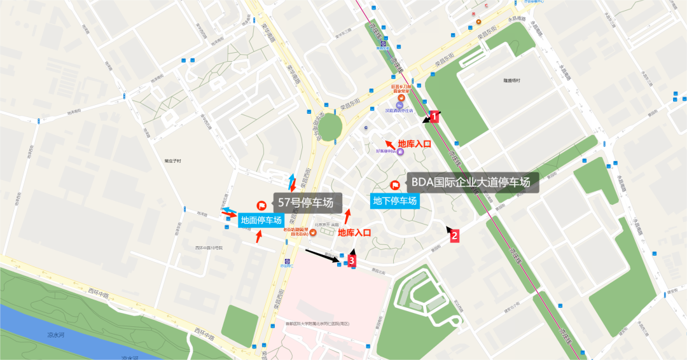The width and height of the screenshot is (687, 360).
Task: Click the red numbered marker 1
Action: (x=435, y=116)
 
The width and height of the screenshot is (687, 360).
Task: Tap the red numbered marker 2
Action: (x=454, y=235)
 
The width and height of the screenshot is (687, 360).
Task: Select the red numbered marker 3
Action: (x=351, y=260)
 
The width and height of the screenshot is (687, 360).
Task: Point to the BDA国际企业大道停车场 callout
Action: (x=471, y=183)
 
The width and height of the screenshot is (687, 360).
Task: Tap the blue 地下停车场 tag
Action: (x=395, y=201)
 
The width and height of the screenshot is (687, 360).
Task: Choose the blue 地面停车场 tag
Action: (x=261, y=221)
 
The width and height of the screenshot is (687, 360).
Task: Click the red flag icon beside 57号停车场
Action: (x=261, y=205)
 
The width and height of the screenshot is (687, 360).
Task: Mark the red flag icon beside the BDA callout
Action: (x=395, y=185)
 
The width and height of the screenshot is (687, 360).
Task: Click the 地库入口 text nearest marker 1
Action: (x=414, y=144)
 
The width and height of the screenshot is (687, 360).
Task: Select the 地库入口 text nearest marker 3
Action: (x=354, y=233)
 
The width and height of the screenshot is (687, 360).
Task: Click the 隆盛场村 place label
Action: (x=511, y=81)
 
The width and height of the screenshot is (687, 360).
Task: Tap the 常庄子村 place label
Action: (x=172, y=161)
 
